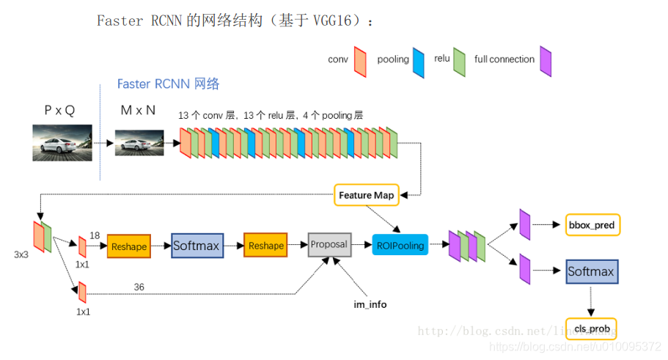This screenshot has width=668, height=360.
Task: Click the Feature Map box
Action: tap(366, 195)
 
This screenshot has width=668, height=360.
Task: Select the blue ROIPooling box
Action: tap(400, 246)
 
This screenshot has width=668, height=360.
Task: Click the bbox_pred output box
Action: tap(592, 225)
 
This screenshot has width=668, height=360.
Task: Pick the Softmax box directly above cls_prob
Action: tap(591, 272)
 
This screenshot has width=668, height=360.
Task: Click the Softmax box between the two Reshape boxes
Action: tap(197, 246)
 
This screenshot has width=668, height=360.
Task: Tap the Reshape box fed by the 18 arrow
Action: tap(129, 246)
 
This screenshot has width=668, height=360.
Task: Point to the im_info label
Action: tap(370, 304)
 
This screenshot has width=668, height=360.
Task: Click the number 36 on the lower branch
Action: tap(140, 287)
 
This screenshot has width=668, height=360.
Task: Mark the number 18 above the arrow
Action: tap(95, 235)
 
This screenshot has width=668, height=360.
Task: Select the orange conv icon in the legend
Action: tap(360, 62)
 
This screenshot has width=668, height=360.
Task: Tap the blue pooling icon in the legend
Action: tap(419, 62)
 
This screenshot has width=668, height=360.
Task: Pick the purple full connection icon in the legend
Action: tap(546, 62)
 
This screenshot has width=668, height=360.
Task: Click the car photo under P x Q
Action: tap(62, 142)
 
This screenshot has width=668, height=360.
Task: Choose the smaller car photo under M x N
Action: tap(139, 142)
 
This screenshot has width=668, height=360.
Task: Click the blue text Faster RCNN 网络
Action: tap(168, 84)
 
